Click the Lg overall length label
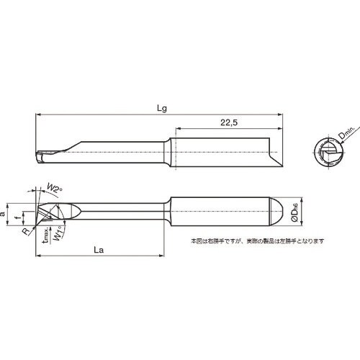point(163,107)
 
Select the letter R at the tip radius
point(25,231)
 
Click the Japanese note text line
point(257,241)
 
